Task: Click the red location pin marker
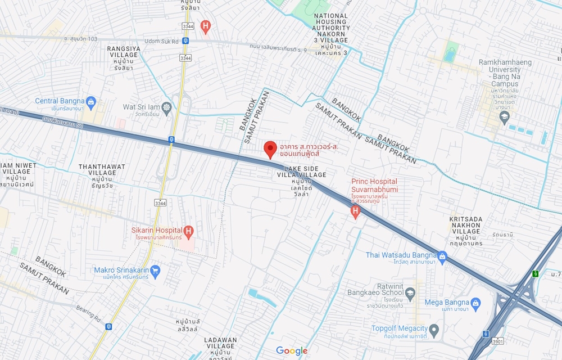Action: coord(270,149)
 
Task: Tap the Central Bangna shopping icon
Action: coord(92,101)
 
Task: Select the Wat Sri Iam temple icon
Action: coord(166,106)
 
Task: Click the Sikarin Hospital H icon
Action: coord(189,230)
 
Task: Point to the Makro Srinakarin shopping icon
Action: coord(156,271)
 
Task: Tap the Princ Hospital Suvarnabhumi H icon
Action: coord(355,210)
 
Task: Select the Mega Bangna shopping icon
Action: coord(475,303)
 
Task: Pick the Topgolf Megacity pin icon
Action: coord(433,328)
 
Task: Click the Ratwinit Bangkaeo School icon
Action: coord(411,292)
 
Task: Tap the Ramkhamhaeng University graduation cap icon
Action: coord(504,117)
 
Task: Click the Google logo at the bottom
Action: coord(292,350)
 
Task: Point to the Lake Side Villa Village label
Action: coord(301,172)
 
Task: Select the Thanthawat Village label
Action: coord(102,169)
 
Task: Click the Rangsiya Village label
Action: coord(124,52)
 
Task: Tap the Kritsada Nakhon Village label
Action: coord(465,224)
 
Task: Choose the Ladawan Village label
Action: coord(220,343)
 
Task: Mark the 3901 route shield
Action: coord(497,340)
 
